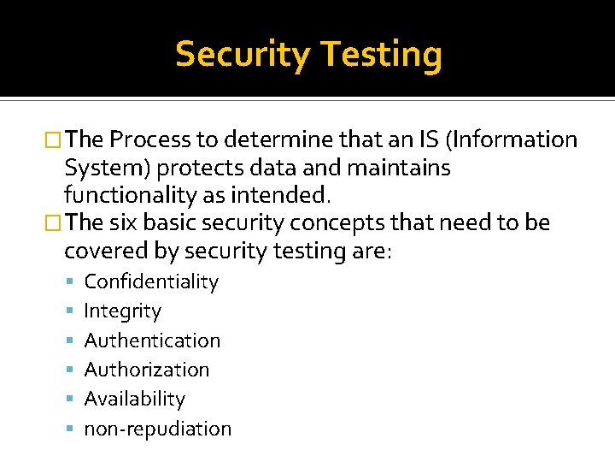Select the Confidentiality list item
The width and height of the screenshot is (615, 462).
151,281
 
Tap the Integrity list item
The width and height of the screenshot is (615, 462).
122,311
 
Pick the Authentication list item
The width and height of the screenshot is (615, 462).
152,341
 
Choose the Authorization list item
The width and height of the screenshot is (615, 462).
147,370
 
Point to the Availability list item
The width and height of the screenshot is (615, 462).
134,399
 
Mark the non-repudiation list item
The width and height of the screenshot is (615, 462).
157,429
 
